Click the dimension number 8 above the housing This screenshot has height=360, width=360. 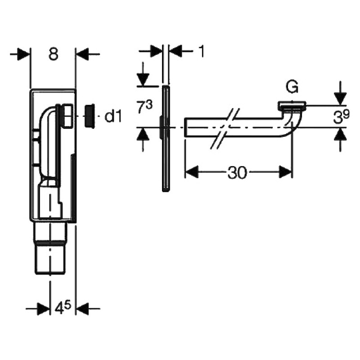tap(53, 54)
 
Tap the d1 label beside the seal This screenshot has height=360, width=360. tap(113, 117)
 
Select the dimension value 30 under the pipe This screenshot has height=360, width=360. tap(237, 172)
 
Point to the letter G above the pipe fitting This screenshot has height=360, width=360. tap(292, 87)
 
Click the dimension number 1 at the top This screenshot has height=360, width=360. tap(201, 51)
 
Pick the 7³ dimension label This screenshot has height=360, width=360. tap(144, 107)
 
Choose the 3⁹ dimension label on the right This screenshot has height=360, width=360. tap(342, 117)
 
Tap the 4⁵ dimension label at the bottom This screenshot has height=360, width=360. tap(63, 308)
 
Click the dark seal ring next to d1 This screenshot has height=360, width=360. tap(89, 116)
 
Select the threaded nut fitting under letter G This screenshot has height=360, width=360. tap(292, 106)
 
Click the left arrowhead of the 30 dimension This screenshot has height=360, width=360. tap(192, 172)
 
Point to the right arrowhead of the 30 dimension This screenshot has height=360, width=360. tap(285, 172)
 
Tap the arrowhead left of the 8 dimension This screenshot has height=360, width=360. tap(24, 54)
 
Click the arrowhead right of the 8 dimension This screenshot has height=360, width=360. tap(82, 54)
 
